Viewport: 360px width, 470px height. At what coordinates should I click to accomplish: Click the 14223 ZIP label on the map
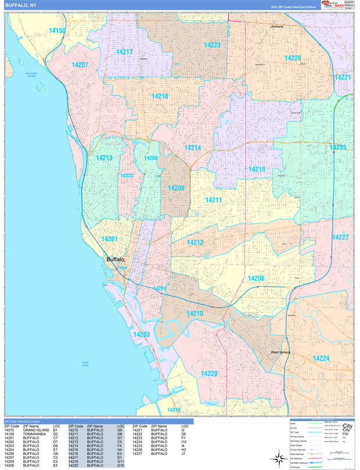(x=212, y=45)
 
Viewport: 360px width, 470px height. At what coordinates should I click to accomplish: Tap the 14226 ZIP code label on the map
(x=292, y=58)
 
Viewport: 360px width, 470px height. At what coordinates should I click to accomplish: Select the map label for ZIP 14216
(x=160, y=96)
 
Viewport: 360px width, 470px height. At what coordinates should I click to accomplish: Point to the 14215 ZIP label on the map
(x=257, y=169)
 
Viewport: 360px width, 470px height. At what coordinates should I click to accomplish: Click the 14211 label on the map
(x=213, y=200)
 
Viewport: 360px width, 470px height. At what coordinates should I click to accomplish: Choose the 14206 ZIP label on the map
(x=256, y=279)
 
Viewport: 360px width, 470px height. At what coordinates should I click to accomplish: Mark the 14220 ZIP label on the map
(x=209, y=373)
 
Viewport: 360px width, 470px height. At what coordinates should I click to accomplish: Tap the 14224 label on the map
(x=321, y=358)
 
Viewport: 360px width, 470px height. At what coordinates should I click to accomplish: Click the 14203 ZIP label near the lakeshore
(x=141, y=334)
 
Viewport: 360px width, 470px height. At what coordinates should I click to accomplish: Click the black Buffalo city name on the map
(x=115, y=260)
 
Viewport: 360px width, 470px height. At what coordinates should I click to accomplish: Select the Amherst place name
(x=277, y=27)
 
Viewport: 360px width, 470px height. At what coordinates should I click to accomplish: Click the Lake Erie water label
(x=85, y=364)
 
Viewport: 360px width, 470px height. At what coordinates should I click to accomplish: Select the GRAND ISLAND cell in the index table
(x=35, y=430)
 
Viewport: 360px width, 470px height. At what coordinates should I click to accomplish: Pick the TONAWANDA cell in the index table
(x=34, y=434)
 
